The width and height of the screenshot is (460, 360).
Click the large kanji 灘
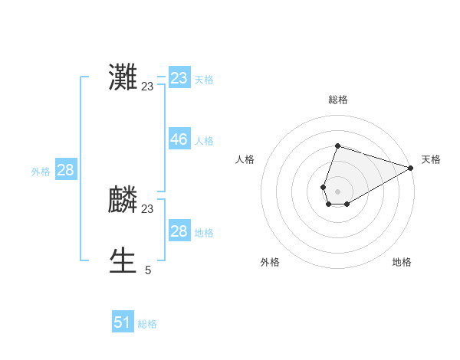(x=123, y=77)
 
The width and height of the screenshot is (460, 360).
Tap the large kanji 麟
(x=123, y=200)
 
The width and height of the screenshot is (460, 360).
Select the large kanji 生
(x=123, y=261)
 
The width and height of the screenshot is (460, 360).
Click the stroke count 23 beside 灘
(x=147, y=87)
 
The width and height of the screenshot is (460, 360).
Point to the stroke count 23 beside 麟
(x=147, y=209)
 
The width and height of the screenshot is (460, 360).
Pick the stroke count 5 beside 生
(x=148, y=270)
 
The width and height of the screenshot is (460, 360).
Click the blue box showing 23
(x=179, y=78)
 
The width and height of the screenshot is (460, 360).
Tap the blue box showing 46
(x=179, y=139)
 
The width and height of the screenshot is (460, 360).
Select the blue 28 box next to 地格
(x=179, y=231)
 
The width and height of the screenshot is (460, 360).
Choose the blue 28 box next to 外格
(x=65, y=170)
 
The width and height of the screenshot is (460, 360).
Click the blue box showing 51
(x=123, y=322)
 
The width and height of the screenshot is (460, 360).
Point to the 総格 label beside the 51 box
(x=147, y=324)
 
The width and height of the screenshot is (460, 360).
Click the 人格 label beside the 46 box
(x=204, y=141)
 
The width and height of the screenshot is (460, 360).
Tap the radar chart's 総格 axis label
(x=338, y=100)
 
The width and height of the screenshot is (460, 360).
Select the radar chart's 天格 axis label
(x=431, y=159)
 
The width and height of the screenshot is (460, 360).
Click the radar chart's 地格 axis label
(x=402, y=262)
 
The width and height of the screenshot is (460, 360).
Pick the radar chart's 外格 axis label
(x=270, y=262)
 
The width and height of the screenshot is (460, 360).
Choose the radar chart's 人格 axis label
(x=245, y=159)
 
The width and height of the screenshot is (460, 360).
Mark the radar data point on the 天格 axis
(x=411, y=169)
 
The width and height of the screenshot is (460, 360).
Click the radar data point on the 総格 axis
(x=337, y=146)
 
